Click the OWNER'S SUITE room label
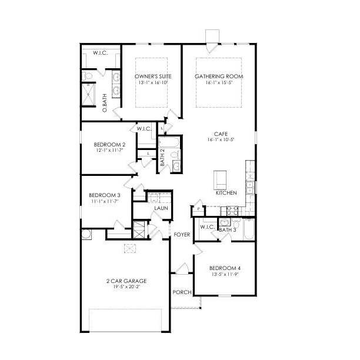[151, 76]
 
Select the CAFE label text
[221, 134]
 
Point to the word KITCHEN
[226, 193]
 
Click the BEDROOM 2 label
[109, 144]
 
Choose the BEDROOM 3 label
[105, 195]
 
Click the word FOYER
[182, 235]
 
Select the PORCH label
[182, 292]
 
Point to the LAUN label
[161, 208]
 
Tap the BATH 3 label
[227, 230]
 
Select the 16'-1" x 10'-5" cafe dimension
[221, 140]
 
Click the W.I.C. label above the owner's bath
[100, 53]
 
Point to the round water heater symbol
[86, 234]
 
